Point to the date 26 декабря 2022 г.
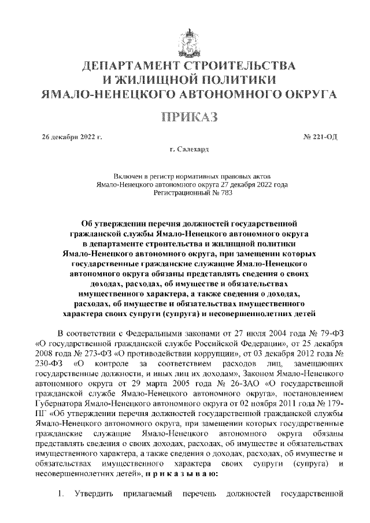pos(72,137)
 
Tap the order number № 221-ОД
pos(319,137)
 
